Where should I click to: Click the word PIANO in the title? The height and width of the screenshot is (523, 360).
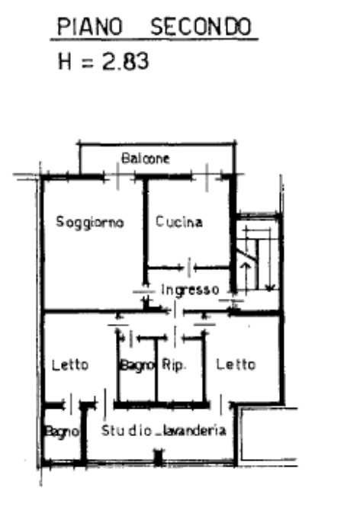[x=90, y=27]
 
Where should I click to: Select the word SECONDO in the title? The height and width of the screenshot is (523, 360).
[x=201, y=27]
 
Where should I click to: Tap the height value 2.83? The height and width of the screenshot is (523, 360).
[x=125, y=61]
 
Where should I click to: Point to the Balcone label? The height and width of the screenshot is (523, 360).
[x=146, y=158]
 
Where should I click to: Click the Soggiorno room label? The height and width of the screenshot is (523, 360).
[x=90, y=222]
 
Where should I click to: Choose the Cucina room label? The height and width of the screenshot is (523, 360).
[x=178, y=221]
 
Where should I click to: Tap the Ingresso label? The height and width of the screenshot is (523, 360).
[x=190, y=290]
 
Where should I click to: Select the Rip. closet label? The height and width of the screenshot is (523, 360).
[x=173, y=364]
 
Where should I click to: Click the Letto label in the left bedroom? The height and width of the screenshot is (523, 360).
[x=70, y=365]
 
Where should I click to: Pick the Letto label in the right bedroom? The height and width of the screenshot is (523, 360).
[x=236, y=364]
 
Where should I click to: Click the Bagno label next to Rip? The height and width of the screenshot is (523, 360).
[x=137, y=365]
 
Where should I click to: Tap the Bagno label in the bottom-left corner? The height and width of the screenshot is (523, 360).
[x=62, y=432]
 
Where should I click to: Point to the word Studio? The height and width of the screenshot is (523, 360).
[x=127, y=430]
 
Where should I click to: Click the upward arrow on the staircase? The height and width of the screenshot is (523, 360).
[x=246, y=277]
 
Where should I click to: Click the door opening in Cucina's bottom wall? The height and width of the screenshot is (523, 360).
[x=189, y=268]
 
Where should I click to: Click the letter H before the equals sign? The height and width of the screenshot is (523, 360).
[x=65, y=61]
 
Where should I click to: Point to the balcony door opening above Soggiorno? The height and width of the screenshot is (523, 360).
[x=117, y=176]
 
